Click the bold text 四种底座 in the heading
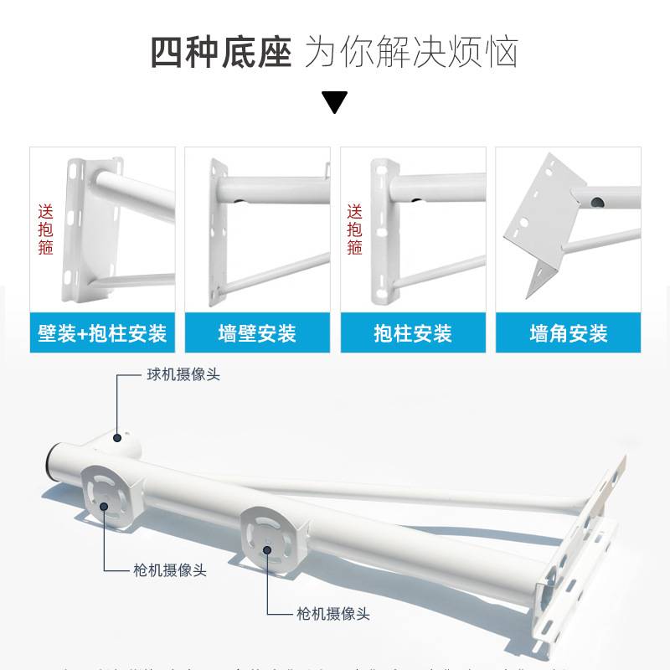pos(221,52)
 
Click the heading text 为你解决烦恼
pos(411,52)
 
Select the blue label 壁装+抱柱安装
pos(102,334)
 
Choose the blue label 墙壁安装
pos(257,334)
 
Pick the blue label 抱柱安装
pos(412,334)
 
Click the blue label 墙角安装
pos(568,334)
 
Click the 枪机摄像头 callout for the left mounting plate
pos(169,570)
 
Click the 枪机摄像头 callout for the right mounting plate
pos(332,614)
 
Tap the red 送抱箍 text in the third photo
pos(355,229)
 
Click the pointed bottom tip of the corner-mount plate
pos(528,297)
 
